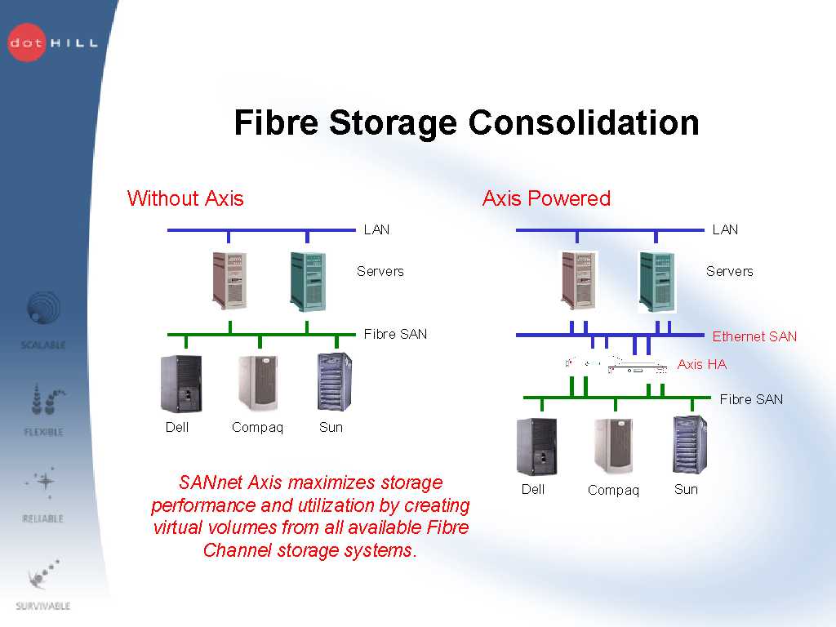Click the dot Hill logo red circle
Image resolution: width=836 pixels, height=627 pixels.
27,42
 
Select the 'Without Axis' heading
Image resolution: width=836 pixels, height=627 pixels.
185,198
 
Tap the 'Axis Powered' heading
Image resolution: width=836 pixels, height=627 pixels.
546,198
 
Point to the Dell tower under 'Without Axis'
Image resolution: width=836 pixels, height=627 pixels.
180,385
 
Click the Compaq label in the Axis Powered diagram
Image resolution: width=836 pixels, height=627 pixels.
613,491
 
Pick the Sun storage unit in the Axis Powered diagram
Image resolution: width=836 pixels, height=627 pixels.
689,445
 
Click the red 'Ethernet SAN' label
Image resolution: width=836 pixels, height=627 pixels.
754,336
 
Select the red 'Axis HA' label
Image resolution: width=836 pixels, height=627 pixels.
701,365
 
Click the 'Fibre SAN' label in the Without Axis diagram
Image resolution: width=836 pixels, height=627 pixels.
395,334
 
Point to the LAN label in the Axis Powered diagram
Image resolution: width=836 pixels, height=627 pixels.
725,229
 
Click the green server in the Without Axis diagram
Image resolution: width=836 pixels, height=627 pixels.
308,281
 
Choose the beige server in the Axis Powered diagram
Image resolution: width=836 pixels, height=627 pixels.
578,280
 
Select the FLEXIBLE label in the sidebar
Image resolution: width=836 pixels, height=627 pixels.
43,432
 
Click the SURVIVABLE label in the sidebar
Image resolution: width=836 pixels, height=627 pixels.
43,606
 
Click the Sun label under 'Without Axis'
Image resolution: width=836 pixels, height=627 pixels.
331,427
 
